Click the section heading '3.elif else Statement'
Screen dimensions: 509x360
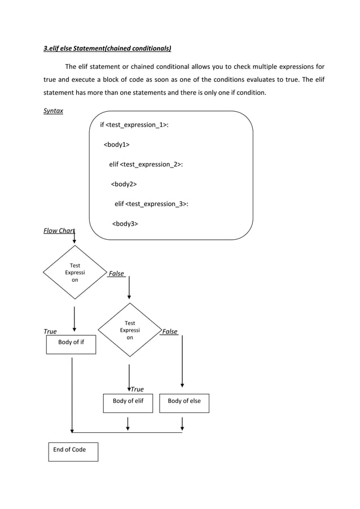click(x=107, y=49)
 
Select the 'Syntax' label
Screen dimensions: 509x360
click(x=54, y=111)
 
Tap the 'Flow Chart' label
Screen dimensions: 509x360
click(x=59, y=230)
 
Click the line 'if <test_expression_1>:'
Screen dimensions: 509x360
click(x=134, y=125)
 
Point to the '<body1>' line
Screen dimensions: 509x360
click(x=116, y=145)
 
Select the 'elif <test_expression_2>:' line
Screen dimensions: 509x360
click(x=146, y=164)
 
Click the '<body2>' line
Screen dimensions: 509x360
click(x=124, y=184)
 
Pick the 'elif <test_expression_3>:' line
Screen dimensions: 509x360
click(x=151, y=204)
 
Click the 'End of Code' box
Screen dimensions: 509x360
click(x=72, y=451)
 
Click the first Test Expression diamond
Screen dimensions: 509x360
click(x=74, y=273)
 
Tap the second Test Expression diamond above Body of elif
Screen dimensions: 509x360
click(x=130, y=330)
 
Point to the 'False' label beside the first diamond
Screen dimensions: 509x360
click(x=116, y=274)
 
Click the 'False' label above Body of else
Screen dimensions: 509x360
click(x=169, y=332)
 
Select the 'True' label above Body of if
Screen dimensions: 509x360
click(x=50, y=332)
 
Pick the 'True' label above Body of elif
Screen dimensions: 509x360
click(x=137, y=389)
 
